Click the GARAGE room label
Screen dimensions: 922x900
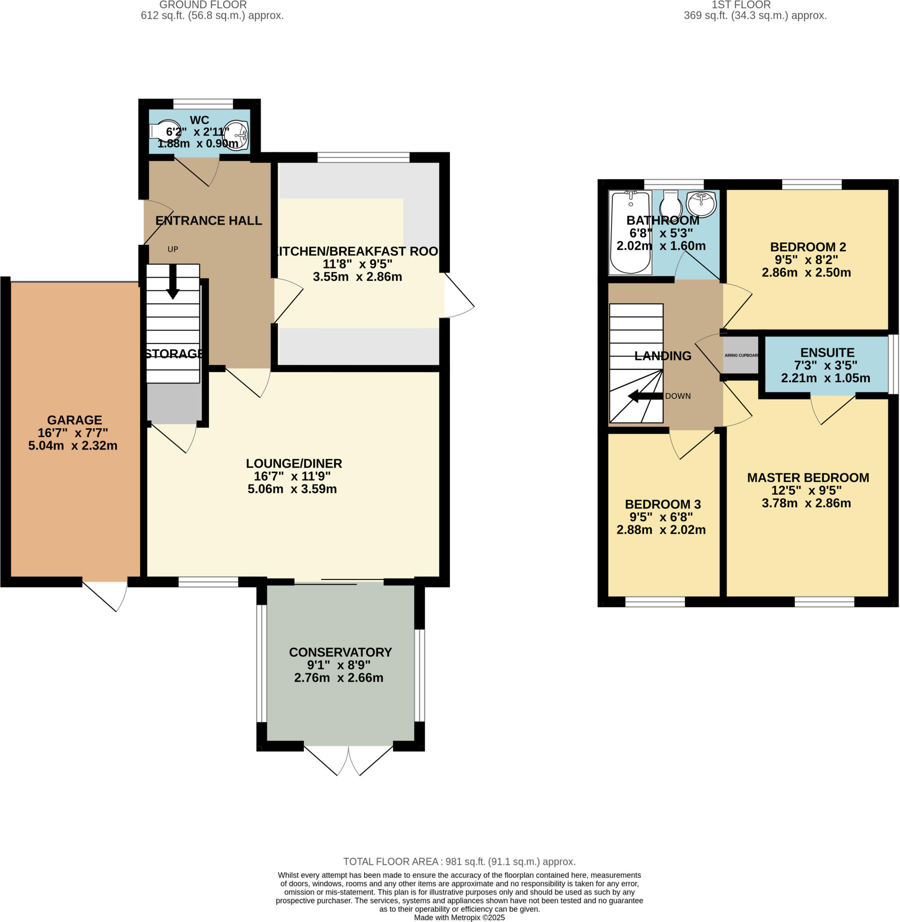[74, 420]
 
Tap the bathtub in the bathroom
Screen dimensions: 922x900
[630, 232]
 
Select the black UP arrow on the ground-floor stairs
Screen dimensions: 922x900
[173, 282]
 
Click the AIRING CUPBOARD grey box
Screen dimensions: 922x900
[741, 355]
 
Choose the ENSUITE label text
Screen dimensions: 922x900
[827, 353]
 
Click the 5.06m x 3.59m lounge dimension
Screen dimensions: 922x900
[292, 489]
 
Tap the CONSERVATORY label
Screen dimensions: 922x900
[340, 652]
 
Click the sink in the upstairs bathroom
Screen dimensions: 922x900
[702, 203]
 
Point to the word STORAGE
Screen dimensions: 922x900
[174, 354]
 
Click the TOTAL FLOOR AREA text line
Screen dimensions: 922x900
[459, 862]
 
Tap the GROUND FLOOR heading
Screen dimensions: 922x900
[203, 5]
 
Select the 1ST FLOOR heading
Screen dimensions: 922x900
[741, 5]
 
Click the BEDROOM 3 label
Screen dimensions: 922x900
[662, 504]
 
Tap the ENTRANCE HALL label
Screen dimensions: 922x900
[208, 220]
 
